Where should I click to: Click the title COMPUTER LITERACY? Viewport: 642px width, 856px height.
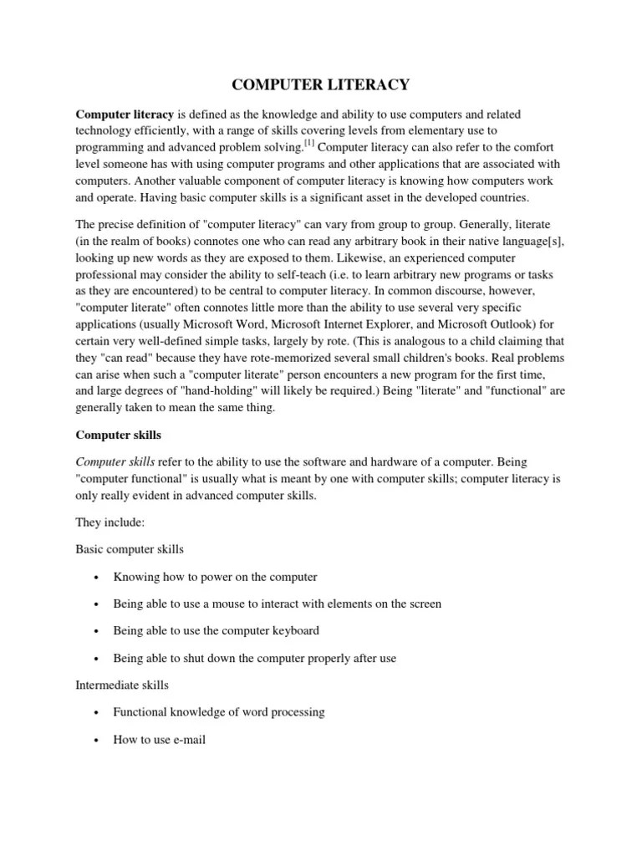pos(320,84)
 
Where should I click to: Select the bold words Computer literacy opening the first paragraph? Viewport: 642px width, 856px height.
pos(125,114)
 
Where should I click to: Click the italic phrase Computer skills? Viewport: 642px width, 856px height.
pos(116,461)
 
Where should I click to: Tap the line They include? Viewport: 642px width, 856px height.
pos(110,522)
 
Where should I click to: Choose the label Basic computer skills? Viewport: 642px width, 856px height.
pos(130,549)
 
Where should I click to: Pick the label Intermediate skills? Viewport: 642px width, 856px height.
pos(122,685)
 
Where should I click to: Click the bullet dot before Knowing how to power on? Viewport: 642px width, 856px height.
pos(97,578)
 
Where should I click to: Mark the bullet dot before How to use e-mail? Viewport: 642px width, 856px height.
pos(97,740)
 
